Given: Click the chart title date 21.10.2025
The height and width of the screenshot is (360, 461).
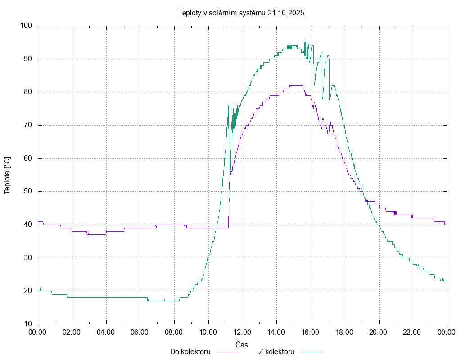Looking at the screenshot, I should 286,13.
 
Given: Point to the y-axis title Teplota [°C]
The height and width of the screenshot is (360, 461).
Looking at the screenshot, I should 7,175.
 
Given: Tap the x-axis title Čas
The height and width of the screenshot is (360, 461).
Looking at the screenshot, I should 242,344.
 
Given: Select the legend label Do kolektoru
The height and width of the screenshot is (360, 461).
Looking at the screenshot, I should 190,351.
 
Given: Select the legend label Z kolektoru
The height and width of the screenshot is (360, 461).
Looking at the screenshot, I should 276,351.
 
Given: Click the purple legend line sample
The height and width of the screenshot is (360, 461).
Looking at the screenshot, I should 227,351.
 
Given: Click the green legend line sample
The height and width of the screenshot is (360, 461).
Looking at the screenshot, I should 312,351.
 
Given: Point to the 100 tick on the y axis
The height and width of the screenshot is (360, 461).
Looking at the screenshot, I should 26,26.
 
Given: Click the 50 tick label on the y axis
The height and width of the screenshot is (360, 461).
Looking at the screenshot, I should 27,192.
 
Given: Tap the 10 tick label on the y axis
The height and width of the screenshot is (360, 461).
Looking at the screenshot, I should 27,324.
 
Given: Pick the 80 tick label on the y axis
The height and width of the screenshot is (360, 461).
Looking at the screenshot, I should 27,92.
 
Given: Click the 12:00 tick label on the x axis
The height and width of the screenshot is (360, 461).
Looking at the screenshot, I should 243,333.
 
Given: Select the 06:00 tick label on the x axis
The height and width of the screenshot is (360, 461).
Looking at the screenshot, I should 140,333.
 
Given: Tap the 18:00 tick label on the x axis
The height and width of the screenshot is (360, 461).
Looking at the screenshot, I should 345,333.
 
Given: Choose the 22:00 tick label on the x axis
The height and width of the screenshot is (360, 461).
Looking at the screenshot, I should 413,333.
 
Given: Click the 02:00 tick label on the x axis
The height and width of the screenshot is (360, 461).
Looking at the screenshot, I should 72,333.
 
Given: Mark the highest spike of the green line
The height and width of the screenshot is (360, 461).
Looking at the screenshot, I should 306,40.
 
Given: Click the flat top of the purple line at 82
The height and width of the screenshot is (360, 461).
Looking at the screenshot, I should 296,85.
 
